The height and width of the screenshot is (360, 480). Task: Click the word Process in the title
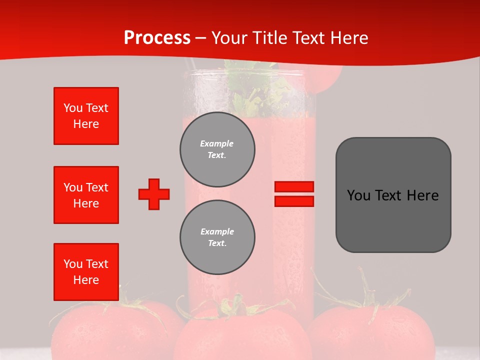coord(157,38)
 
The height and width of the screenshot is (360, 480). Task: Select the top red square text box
coord(86,116)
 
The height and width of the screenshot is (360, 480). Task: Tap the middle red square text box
coord(86,195)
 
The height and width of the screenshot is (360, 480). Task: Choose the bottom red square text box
coord(86,272)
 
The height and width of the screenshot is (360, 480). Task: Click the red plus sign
coord(154,194)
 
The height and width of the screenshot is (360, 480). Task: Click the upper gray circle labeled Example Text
coord(217,149)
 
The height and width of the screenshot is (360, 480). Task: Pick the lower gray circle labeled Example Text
coord(217,237)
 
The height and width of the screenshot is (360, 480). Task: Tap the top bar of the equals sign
coord(294,187)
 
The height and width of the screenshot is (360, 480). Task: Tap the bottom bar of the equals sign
coord(294,201)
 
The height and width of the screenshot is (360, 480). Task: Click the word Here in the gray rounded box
coord(422,195)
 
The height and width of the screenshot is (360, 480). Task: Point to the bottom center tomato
coord(242,335)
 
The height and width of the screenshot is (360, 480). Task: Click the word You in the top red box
coord(72,108)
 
